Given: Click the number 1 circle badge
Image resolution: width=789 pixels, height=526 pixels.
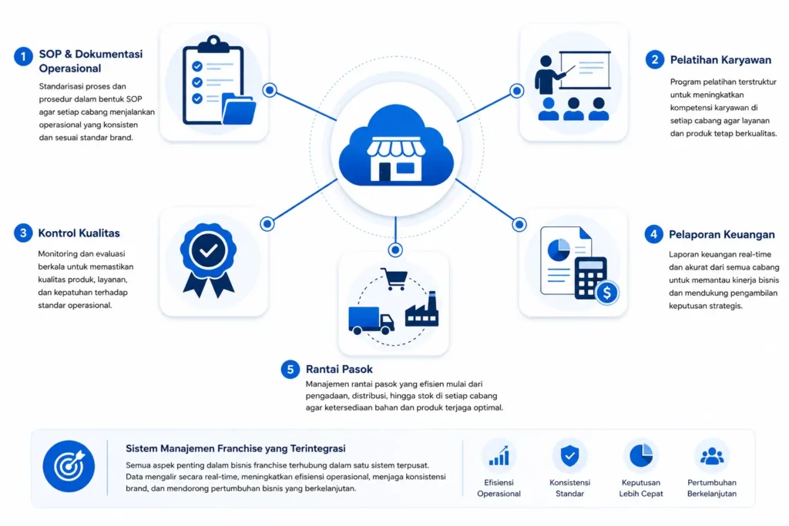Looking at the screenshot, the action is coord(23,56).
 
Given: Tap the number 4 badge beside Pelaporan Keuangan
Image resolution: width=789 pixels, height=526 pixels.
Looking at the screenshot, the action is coord(653,234).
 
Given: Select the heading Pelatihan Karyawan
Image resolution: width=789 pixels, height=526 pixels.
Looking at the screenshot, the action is coord(720,60).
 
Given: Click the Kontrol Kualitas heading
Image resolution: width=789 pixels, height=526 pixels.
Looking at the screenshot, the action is coord(79,233).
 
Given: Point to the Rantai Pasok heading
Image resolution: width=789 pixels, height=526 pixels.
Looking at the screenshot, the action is coord(339,369).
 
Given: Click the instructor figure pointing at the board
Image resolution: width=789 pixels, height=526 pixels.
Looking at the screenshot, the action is coord(549,75).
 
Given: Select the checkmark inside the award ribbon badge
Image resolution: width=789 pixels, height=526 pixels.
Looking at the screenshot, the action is coord(208,250).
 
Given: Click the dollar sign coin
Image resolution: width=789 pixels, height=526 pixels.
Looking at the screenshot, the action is coord(607,293).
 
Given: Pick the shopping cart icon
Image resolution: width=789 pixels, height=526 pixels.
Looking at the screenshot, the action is coord(394,279).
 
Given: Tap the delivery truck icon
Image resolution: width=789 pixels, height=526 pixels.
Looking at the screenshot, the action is coord(371,320).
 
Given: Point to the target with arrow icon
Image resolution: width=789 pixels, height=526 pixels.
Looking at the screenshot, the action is coord(69,466).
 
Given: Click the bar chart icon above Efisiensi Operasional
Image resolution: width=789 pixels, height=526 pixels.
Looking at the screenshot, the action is coord(499,456).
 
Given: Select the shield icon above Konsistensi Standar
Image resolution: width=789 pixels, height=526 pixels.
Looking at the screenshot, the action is coord(569,456).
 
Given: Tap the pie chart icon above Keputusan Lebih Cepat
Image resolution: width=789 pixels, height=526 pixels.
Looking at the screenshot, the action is coord(641,456).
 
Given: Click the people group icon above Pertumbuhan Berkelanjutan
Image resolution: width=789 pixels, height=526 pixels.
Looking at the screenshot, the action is coord(712,456).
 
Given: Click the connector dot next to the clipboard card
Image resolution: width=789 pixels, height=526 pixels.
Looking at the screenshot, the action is coord(270,90).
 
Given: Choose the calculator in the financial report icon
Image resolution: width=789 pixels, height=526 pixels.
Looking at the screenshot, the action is coord(590,279).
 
